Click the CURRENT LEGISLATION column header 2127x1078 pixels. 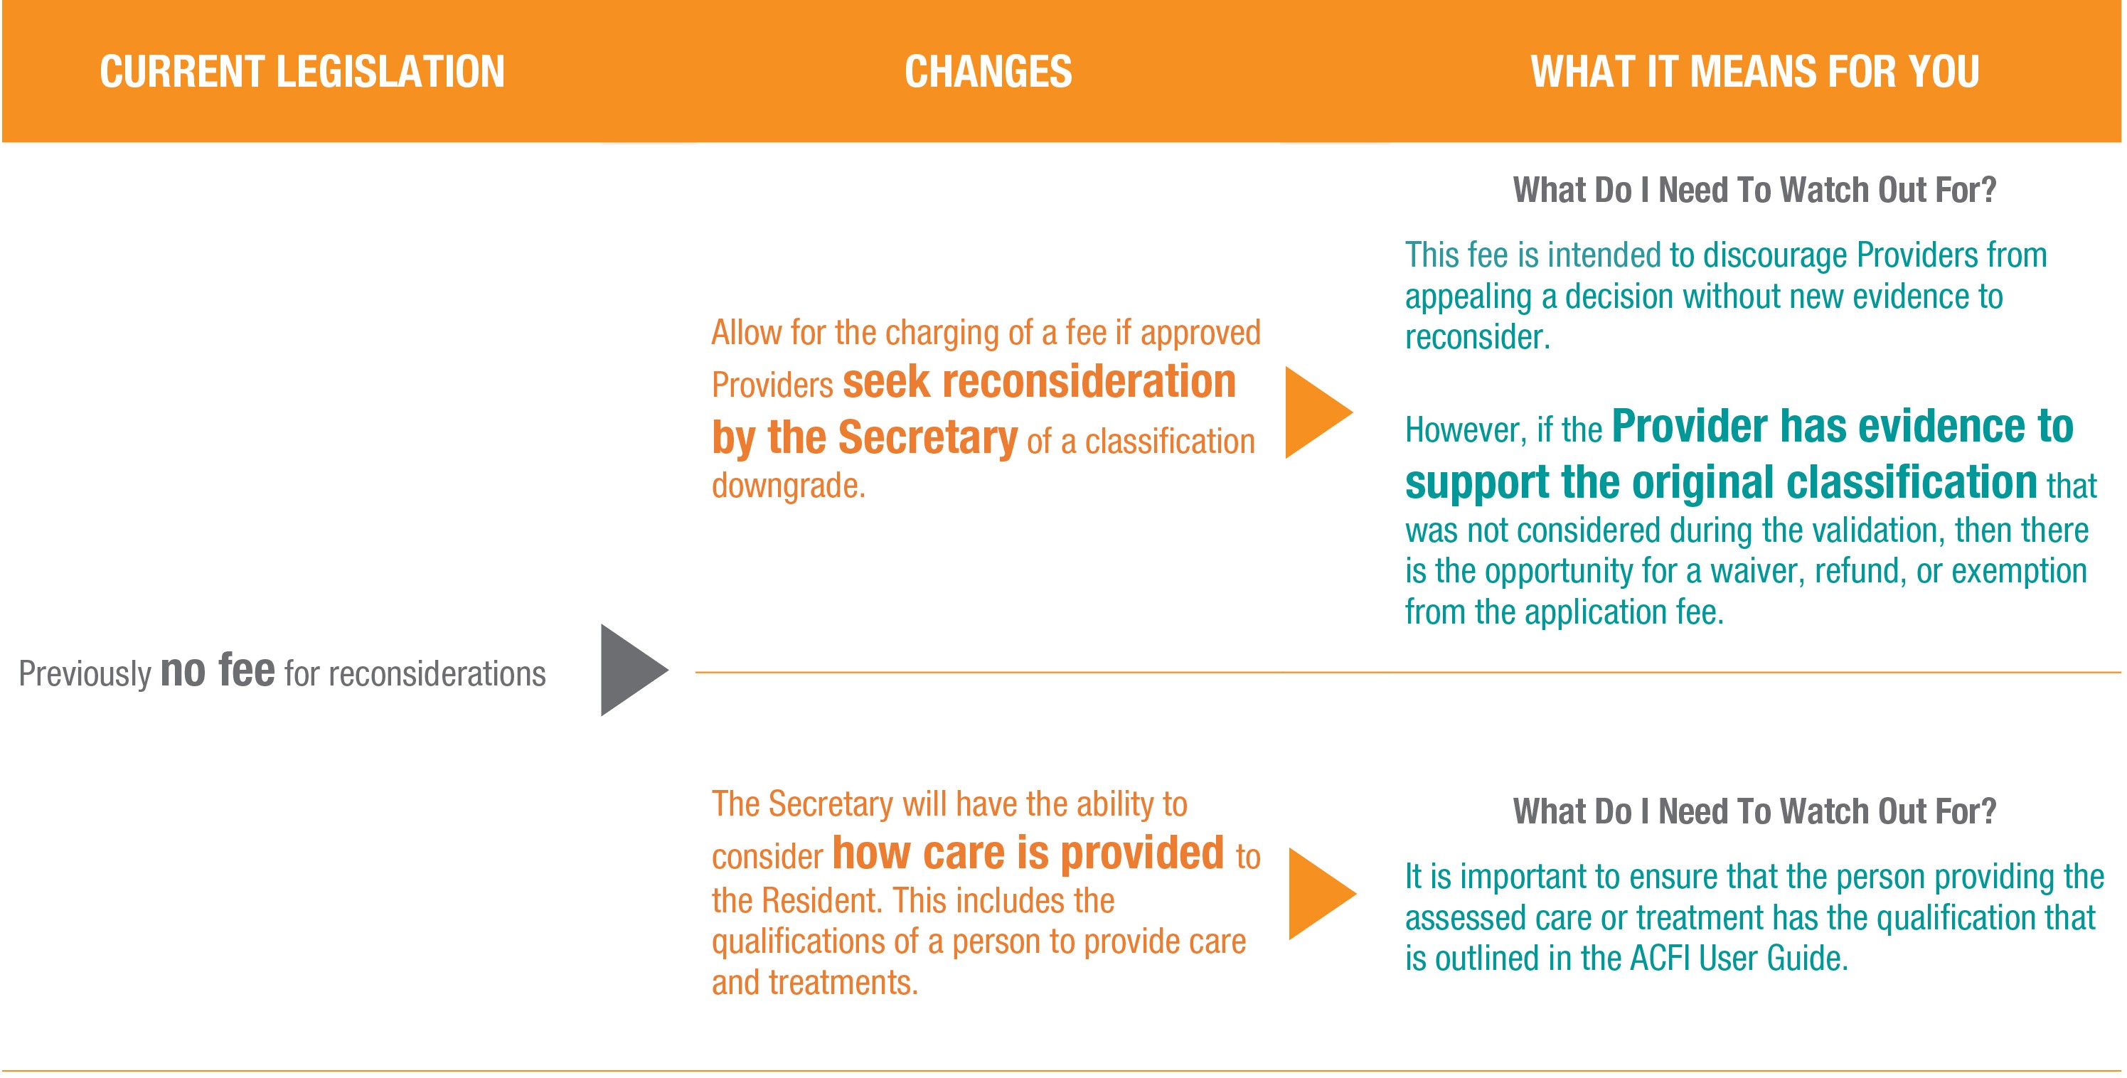(302, 72)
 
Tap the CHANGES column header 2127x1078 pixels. (988, 72)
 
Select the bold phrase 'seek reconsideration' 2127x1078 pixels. (1039, 382)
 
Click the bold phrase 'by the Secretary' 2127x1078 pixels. (865, 437)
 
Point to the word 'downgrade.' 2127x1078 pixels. (789, 486)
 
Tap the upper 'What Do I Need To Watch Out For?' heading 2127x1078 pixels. (1754, 190)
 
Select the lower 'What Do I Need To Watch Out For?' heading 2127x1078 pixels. (1754, 811)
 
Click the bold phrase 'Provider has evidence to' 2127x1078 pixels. (1842, 427)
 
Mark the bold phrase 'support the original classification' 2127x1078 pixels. (1722, 482)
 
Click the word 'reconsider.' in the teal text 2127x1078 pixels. (1478, 337)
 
